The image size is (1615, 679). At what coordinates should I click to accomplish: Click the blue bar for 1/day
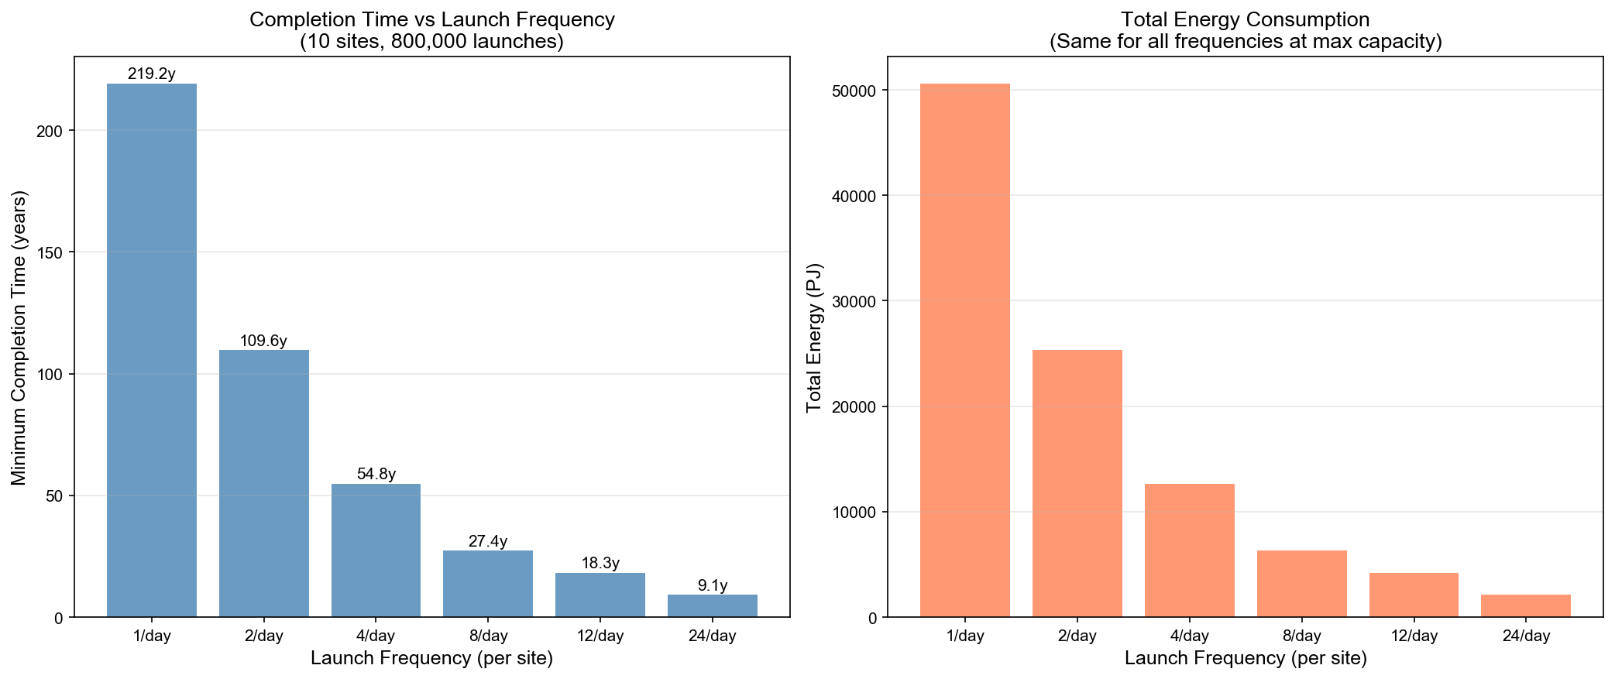pyautogui.click(x=152, y=350)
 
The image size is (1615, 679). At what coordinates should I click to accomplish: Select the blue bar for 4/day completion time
pyautogui.click(x=376, y=550)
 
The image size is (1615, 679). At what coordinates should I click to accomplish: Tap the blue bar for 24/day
pyautogui.click(x=712, y=605)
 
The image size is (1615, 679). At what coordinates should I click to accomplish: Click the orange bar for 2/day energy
pyautogui.click(x=1077, y=483)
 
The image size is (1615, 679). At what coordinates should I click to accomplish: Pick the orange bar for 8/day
pyautogui.click(x=1301, y=584)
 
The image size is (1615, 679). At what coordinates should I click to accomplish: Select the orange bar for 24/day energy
pyautogui.click(x=1525, y=605)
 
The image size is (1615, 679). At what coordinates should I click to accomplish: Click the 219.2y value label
pyautogui.click(x=152, y=74)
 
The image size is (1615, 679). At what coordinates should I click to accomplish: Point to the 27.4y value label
pyautogui.click(x=488, y=541)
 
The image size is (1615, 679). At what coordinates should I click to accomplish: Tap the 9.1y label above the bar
pyautogui.click(x=712, y=585)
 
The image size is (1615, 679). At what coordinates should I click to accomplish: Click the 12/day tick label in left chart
pyautogui.click(x=600, y=636)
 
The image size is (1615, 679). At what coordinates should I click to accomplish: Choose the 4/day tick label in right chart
pyautogui.click(x=1189, y=636)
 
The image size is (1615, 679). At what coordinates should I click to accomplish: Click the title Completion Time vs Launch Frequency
pyautogui.click(x=431, y=20)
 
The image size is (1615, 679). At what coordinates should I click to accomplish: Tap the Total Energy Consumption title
pyautogui.click(x=1245, y=20)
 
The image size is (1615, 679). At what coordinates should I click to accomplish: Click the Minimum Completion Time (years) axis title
pyautogui.click(x=19, y=338)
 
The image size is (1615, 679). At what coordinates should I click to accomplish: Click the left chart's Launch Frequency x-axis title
pyautogui.click(x=431, y=659)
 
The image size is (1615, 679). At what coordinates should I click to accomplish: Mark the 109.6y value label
pyautogui.click(x=263, y=341)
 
